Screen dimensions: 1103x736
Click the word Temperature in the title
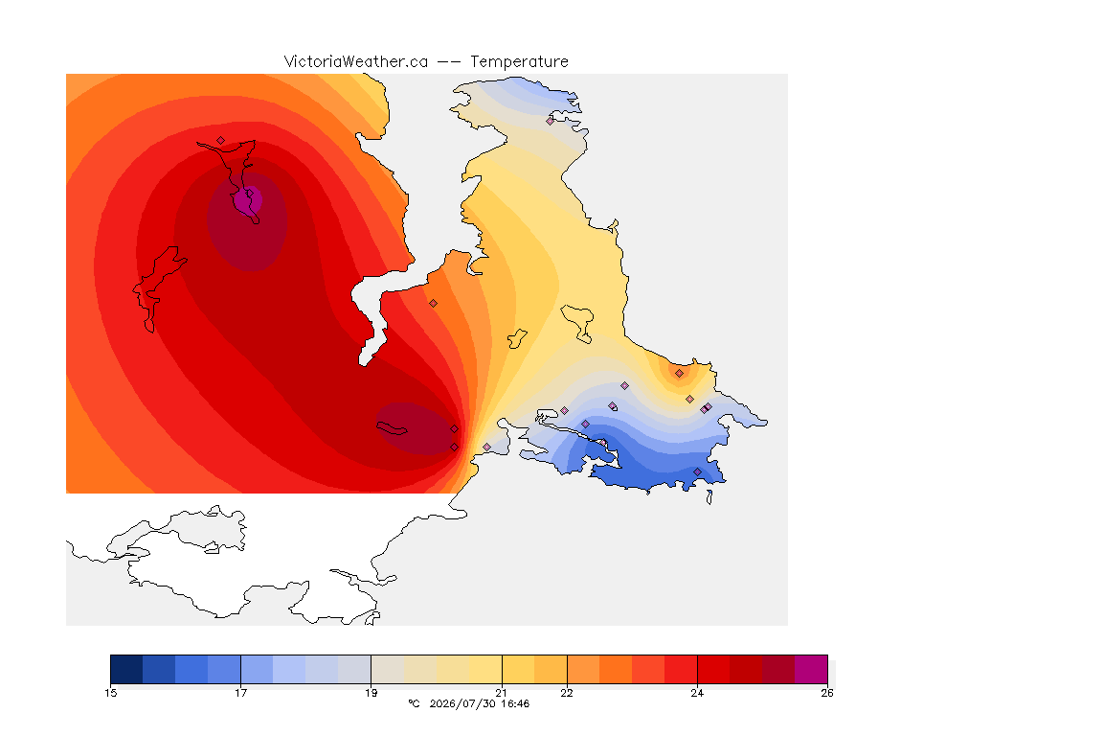tap(519, 62)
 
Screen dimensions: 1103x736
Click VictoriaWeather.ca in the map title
tap(356, 62)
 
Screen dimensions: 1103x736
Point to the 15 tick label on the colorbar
tap(110, 693)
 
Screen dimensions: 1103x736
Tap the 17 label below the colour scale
tap(240, 693)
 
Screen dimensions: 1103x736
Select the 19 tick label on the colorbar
tap(371, 693)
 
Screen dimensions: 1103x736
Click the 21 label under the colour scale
tap(501, 693)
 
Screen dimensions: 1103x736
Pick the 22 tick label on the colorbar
tap(566, 693)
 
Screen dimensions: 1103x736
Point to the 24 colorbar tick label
tap(696, 693)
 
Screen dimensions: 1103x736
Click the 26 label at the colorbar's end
tap(826, 693)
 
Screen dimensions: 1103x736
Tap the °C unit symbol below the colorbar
tap(414, 703)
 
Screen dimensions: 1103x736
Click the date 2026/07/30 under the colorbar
tap(462, 703)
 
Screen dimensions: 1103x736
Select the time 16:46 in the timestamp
tap(515, 703)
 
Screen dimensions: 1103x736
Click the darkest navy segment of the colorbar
tap(126, 669)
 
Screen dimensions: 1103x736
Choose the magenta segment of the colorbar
tap(811, 669)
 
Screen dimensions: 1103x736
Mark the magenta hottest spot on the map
tap(247, 200)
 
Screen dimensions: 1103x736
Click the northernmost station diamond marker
tap(551, 121)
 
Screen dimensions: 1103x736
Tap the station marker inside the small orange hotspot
tap(679, 374)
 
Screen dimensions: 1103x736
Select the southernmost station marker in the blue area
tap(697, 471)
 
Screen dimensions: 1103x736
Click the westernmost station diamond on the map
tap(221, 140)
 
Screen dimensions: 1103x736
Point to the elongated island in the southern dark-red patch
tap(392, 428)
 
